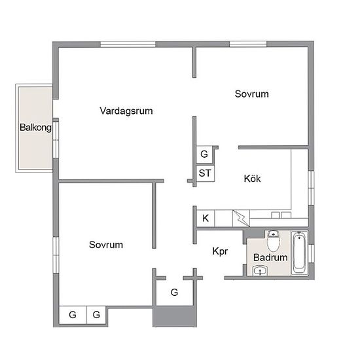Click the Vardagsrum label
pos(126,111)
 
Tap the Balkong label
pos(35,128)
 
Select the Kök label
pos(252,179)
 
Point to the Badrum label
pos(270,258)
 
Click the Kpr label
pos(220,251)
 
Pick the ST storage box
pos(206,173)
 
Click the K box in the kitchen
pos(206,218)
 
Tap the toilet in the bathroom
pos(274,241)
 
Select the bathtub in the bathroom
pos(299,253)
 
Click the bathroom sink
pos(260,270)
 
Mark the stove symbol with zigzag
pos(241,219)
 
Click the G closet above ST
pos(204,154)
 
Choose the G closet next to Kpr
pos(174,293)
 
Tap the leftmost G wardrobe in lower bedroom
pos(73,315)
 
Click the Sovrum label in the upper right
pos(251,94)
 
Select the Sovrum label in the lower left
pos(106,245)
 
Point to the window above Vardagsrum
pos(128,45)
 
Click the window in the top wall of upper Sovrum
pos(248,44)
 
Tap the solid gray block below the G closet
pos(175,316)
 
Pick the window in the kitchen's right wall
pos(311,188)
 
